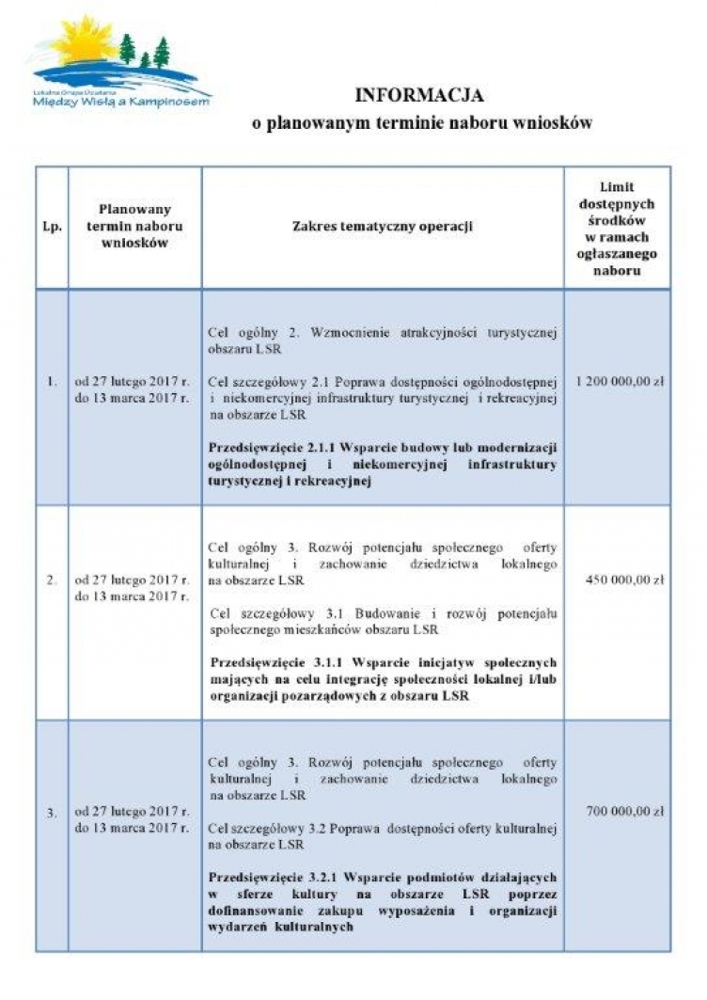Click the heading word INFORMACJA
418,95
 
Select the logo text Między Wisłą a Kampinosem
121,102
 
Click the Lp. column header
52,227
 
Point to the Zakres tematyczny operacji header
382,227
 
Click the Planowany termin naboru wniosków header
134,227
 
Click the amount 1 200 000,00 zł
617,382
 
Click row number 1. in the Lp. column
52,382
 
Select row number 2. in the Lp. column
52,579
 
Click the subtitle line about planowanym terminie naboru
421,124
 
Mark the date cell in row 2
133,588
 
